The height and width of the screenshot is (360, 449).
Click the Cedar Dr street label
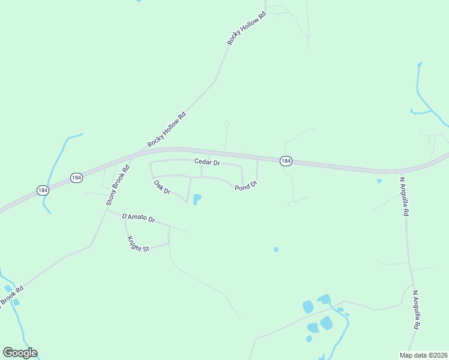pos(207,162)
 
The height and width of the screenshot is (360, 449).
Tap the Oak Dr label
pos(162,187)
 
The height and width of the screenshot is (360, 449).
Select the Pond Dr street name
pos(246,185)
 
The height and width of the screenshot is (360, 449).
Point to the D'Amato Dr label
pos(139,218)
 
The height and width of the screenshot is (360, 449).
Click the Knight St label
pos(137,244)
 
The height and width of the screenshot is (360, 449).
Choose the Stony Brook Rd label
pos(118,186)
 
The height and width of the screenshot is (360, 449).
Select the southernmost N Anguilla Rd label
pos(415,310)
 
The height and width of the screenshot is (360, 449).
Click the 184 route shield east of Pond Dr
pos(286,161)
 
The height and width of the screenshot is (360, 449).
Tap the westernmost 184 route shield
pos(42,190)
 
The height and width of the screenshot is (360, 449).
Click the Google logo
pos(20,353)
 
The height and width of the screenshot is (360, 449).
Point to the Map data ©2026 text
pos(423,355)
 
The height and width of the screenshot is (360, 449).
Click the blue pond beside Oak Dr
pos(196,199)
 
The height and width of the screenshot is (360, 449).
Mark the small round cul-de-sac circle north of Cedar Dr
pos(227,124)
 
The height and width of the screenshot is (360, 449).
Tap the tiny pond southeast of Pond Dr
pos(276,249)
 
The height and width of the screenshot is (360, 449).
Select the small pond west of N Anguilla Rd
pos(379,181)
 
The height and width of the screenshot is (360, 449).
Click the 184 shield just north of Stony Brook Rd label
pos(76,178)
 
